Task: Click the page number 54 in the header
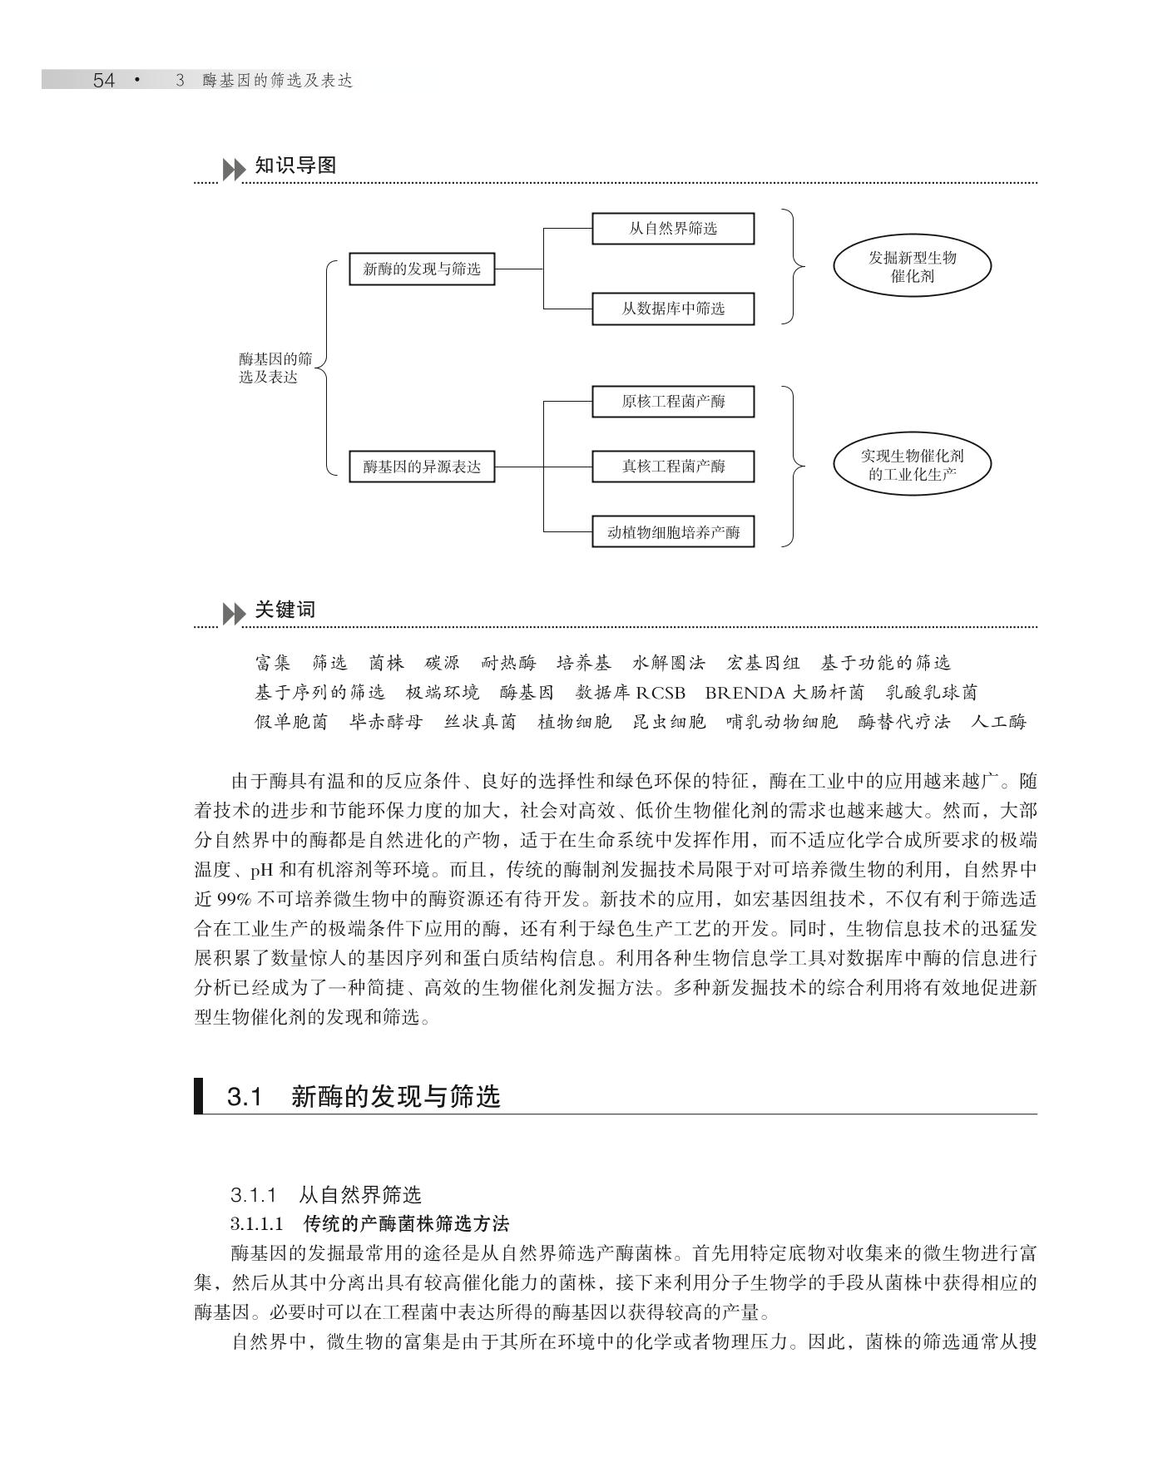103,81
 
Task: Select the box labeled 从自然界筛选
672,229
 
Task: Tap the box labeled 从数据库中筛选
672,309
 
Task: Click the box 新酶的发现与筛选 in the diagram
422,269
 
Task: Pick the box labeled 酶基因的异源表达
422,467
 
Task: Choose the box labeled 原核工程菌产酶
672,402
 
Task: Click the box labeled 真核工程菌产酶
672,467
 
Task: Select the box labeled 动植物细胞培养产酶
672,532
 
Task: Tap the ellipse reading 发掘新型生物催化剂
912,267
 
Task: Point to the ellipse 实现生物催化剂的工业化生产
912,466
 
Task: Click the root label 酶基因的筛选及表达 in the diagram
275,368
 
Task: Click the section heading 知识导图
295,165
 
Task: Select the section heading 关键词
285,610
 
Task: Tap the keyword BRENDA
745,693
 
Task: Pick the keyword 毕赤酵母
386,722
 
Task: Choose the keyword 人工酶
998,722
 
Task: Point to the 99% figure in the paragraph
235,900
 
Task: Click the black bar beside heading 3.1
199,1095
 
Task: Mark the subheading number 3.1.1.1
257,1224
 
